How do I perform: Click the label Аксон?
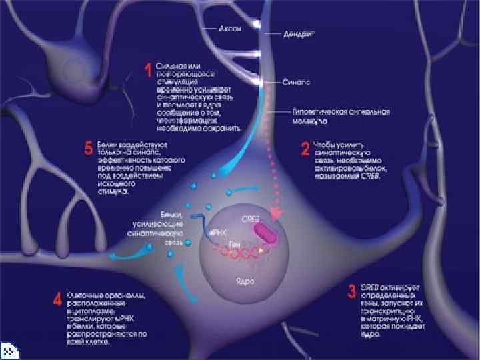click(x=230, y=29)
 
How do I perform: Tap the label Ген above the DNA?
click(x=234, y=245)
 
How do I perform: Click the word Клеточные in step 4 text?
click(x=83, y=295)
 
